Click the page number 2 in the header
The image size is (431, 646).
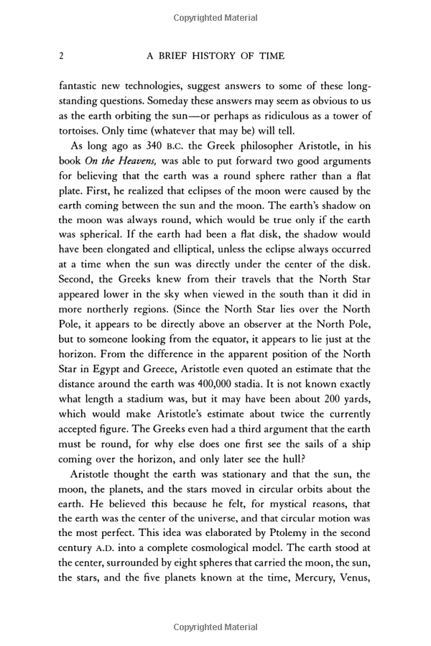click(x=62, y=56)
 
